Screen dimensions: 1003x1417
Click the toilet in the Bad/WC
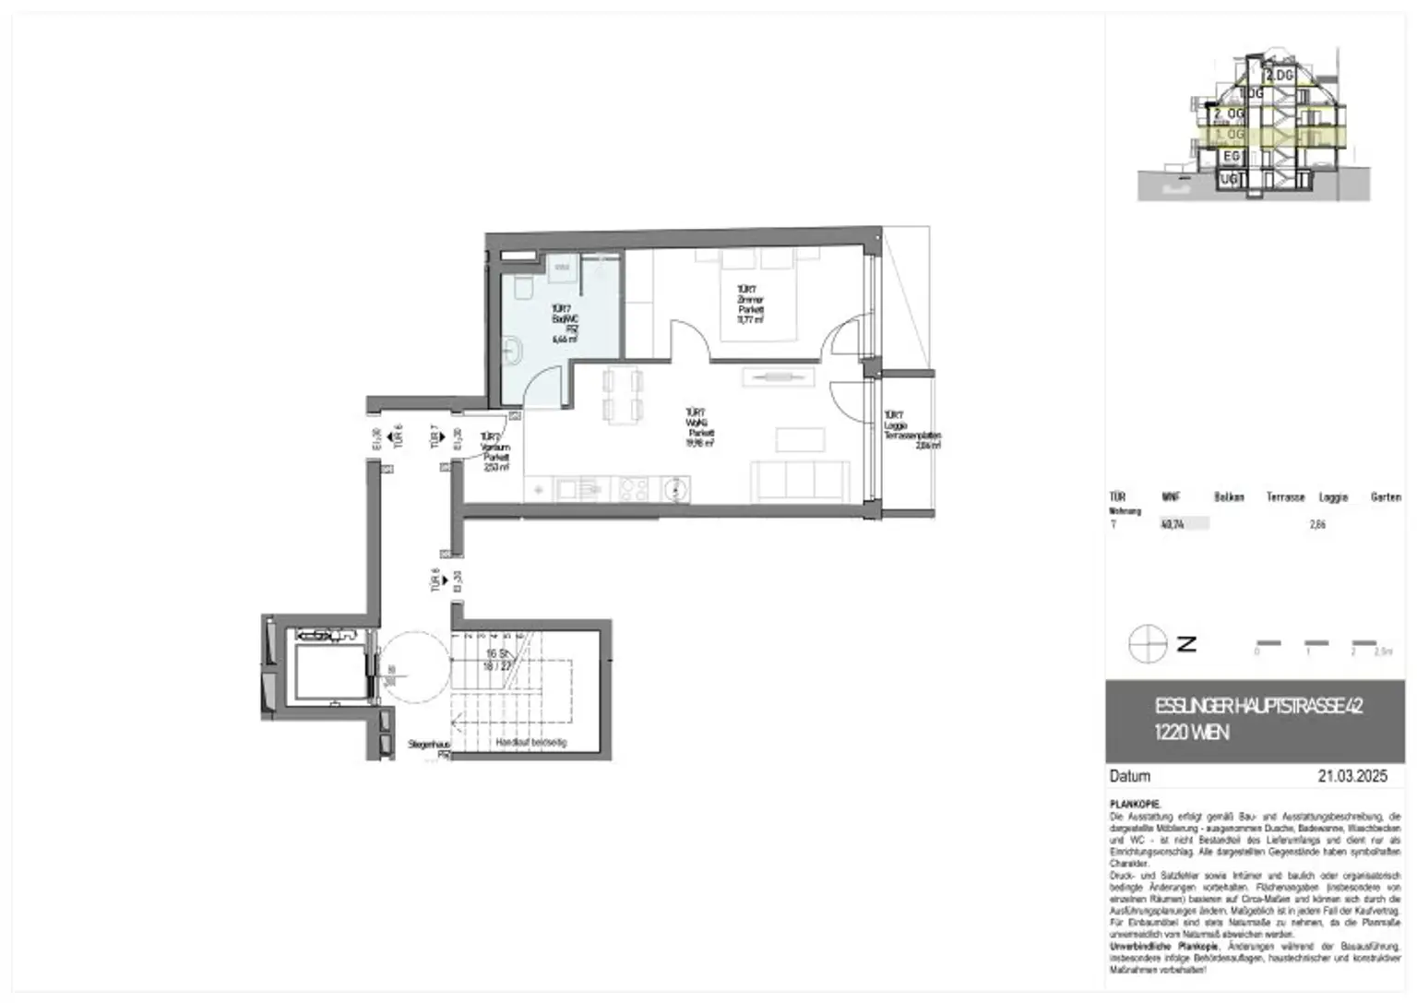point(521,288)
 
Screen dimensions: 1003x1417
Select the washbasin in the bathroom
point(513,351)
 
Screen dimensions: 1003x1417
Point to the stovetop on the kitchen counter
point(632,488)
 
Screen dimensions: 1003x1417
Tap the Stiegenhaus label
point(429,745)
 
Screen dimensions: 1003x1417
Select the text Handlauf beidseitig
point(530,742)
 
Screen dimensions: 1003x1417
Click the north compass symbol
point(1148,643)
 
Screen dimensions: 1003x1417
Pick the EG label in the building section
point(1232,157)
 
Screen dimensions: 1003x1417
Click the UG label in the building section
point(1229,180)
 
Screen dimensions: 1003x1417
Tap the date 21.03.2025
point(1352,776)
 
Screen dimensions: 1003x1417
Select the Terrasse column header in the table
point(1285,497)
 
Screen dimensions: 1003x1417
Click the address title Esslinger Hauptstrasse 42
point(1258,707)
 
